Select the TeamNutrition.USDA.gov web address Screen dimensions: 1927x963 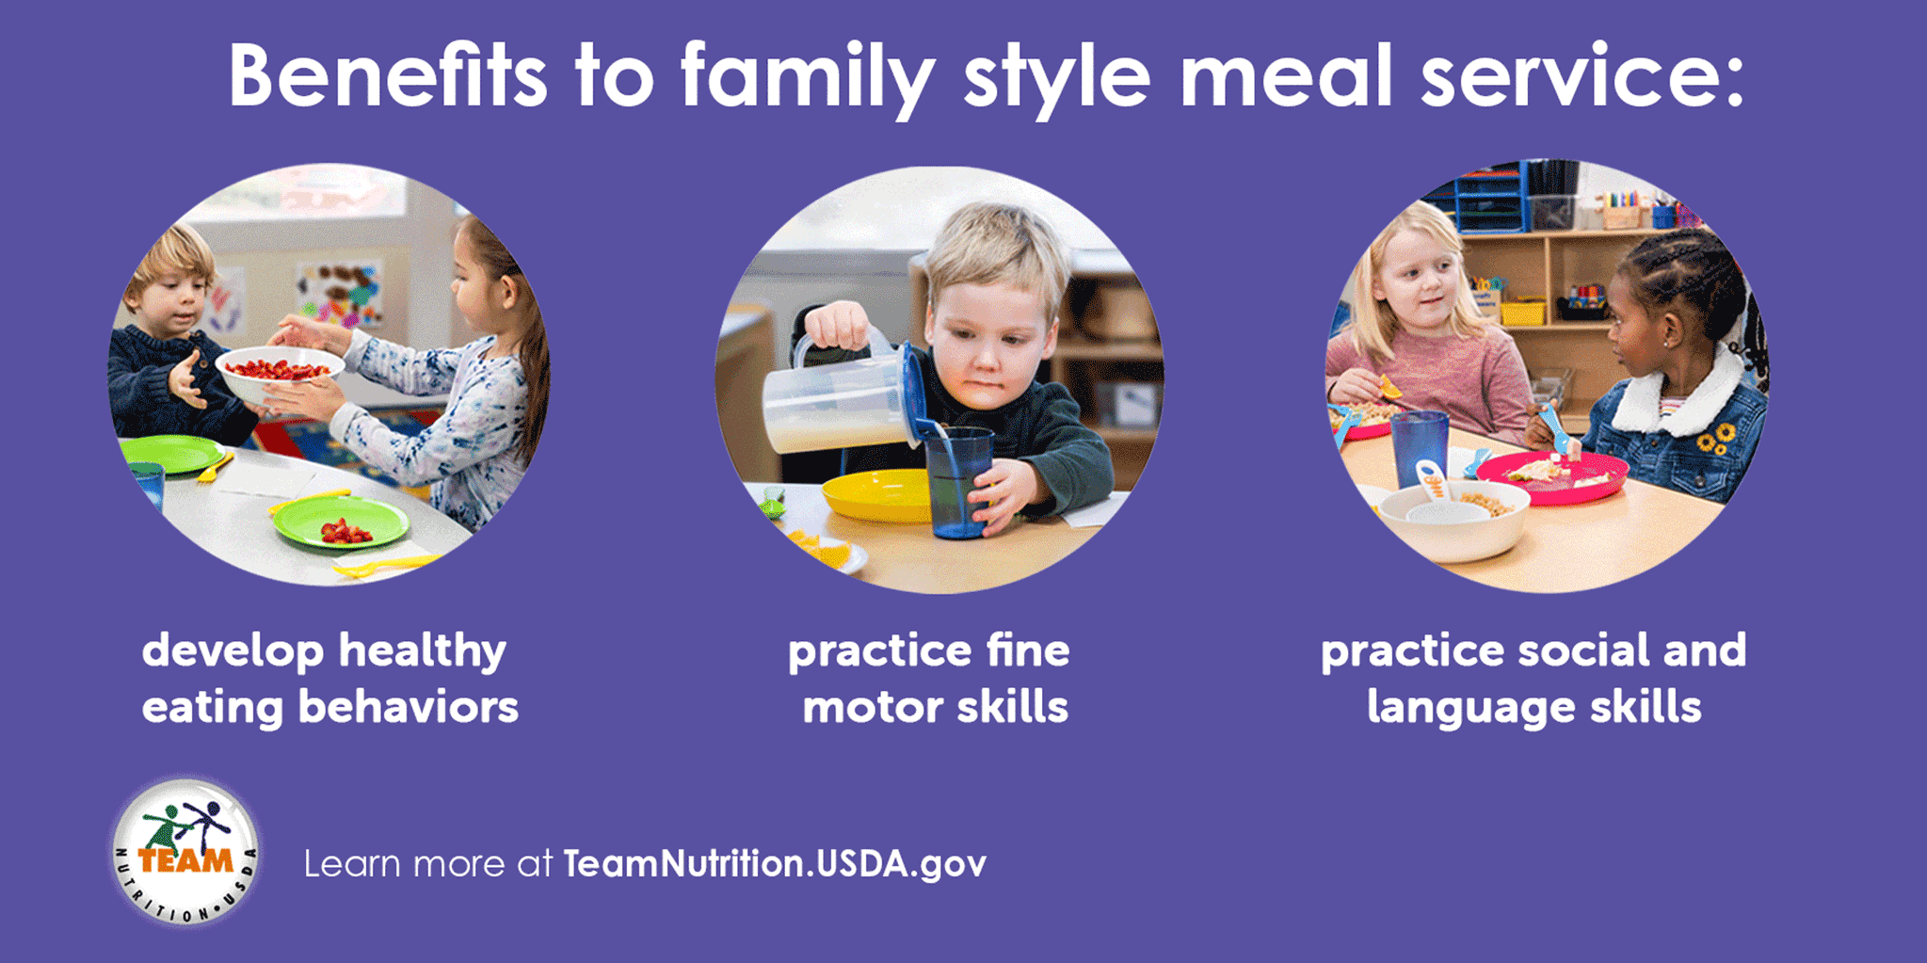775,864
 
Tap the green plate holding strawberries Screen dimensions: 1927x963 341,522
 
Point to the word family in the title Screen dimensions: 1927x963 808,77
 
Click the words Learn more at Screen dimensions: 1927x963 428,864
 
